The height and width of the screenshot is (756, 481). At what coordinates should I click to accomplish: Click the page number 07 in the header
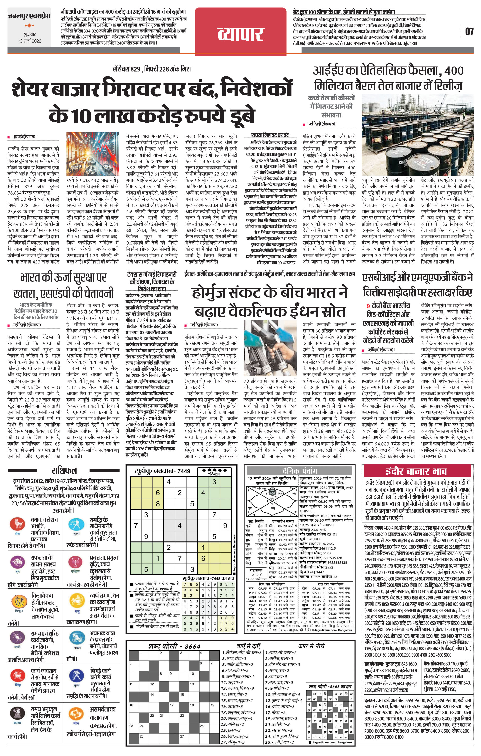(469, 31)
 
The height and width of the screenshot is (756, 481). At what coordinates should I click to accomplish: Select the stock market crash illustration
(92, 154)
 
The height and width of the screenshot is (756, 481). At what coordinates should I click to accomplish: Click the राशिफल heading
(64, 471)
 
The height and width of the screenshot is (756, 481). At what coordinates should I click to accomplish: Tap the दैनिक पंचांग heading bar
(300, 471)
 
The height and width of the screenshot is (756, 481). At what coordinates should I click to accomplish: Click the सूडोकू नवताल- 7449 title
(162, 471)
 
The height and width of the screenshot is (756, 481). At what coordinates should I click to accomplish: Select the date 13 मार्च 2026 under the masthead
(30, 41)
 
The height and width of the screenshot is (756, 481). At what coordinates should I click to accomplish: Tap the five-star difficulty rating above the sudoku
(215, 470)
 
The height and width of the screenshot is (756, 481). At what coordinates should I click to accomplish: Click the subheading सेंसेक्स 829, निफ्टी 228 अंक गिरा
(152, 69)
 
